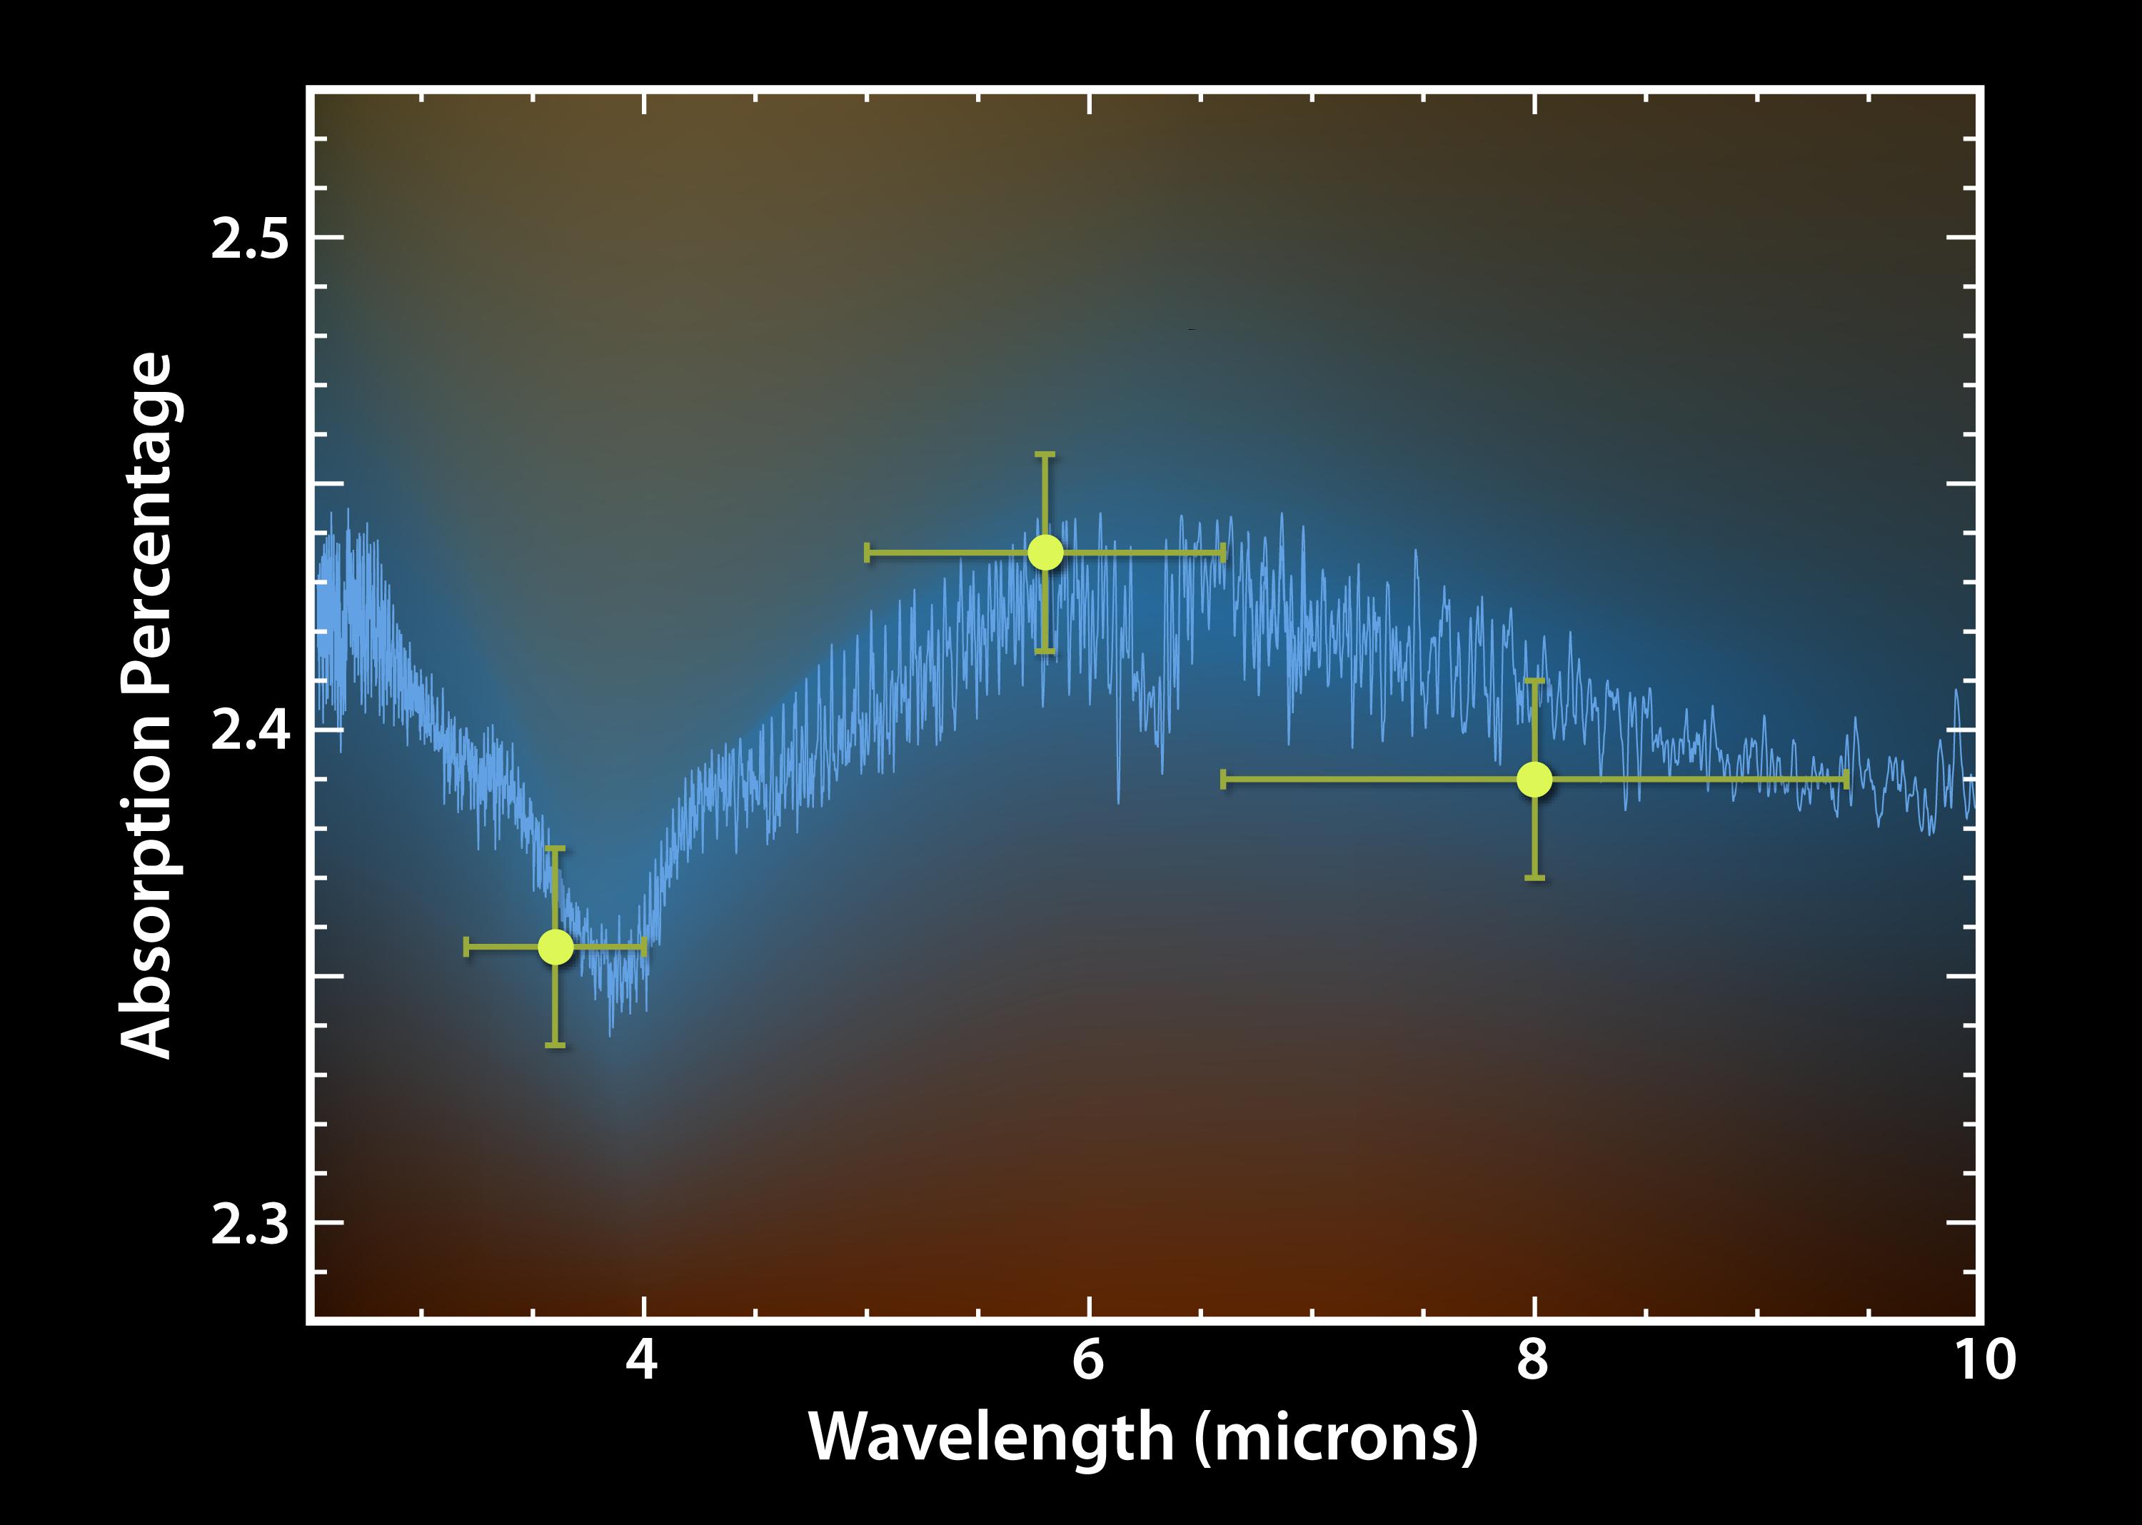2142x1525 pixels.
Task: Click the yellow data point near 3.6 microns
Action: point(555,947)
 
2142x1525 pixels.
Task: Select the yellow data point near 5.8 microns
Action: point(1045,552)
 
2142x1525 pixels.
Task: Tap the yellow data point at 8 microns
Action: point(1534,778)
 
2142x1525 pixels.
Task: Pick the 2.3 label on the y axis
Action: point(250,1224)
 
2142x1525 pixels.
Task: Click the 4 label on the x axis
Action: point(643,1360)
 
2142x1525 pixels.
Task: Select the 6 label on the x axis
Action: point(1088,1360)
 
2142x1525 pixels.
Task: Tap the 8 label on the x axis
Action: point(1534,1360)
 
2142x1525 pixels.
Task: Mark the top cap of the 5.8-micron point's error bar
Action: point(1045,455)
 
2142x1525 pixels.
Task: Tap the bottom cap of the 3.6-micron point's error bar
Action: point(555,1045)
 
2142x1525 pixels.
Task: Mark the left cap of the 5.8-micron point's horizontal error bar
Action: point(867,552)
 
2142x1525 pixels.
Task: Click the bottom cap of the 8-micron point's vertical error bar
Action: point(1534,877)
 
